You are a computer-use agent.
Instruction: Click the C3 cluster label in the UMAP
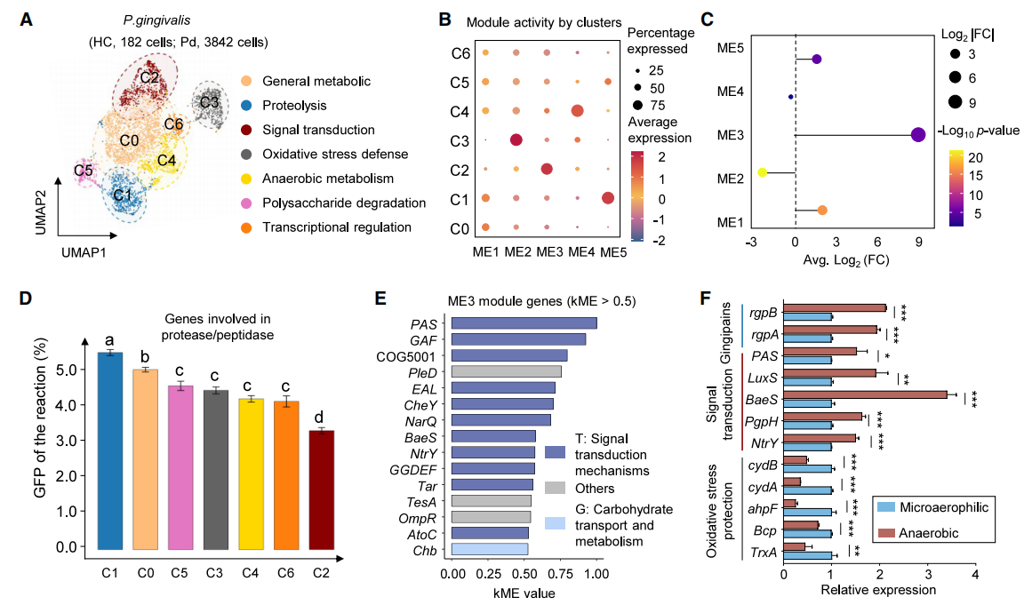coord(209,102)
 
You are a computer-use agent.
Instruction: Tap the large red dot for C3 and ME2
coord(516,139)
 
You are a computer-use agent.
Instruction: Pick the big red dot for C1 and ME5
coord(607,197)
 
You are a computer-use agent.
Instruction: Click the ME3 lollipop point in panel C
coord(918,134)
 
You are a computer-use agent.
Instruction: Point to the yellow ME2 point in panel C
coord(762,171)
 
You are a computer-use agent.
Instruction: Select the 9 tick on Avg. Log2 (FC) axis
coord(918,243)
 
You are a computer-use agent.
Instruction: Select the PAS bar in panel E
coord(524,322)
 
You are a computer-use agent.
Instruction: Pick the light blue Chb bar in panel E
coord(490,549)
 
